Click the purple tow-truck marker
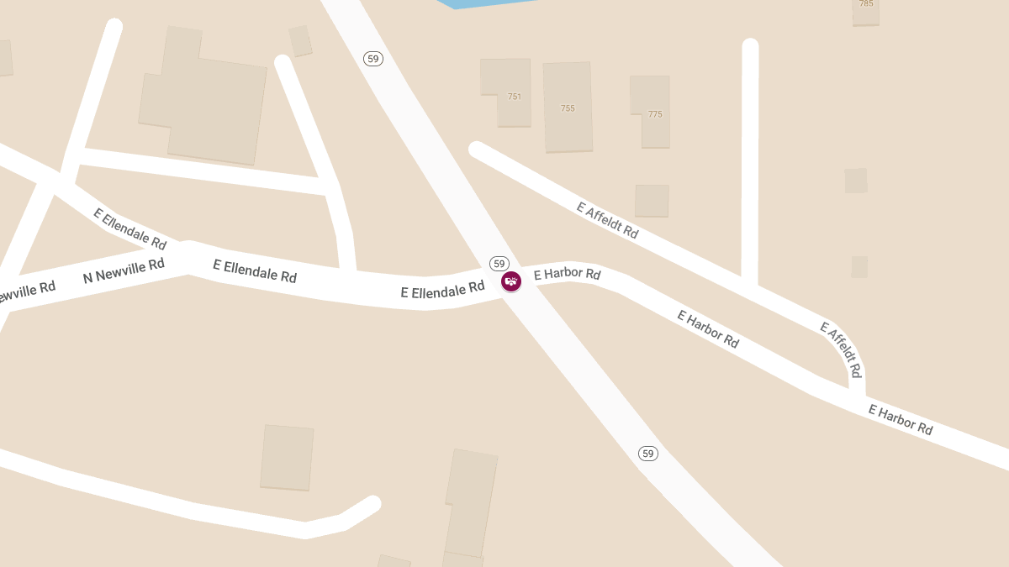(x=511, y=281)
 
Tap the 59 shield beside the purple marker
(x=499, y=264)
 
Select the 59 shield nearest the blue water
(x=373, y=59)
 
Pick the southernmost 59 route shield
(x=647, y=454)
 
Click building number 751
(x=515, y=97)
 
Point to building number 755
(x=568, y=108)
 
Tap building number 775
(x=655, y=114)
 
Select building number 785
(x=866, y=4)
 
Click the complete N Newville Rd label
(x=124, y=270)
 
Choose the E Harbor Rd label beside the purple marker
(x=567, y=274)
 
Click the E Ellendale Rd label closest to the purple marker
(x=442, y=291)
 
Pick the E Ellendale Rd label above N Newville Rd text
(x=129, y=228)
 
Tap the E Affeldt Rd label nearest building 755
(x=607, y=220)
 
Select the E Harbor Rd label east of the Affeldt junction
(x=901, y=420)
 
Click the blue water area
(x=488, y=3)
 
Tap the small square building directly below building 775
(x=652, y=201)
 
